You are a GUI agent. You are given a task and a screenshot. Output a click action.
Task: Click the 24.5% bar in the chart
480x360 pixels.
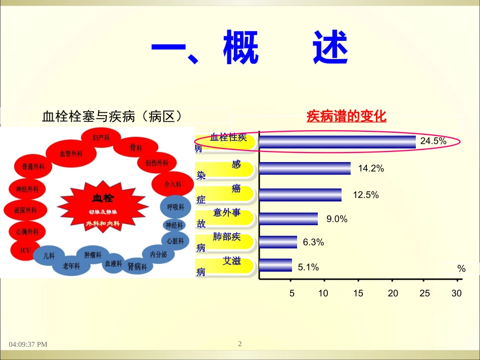pos(338,142)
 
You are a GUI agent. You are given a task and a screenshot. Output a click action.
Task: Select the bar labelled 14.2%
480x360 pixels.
pos(305,169)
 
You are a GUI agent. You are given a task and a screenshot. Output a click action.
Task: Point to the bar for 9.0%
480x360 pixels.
pos(289,219)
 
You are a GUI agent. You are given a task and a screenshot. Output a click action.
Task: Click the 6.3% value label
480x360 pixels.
pos(313,242)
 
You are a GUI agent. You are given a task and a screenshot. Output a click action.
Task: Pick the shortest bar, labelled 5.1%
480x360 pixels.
pos(275,266)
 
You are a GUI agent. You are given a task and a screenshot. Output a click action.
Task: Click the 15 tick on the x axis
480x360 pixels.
pos(358,293)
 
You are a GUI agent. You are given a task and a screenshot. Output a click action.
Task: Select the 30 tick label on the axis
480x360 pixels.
pos(457,293)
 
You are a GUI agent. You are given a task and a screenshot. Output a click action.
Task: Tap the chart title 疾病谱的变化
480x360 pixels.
pos(347,117)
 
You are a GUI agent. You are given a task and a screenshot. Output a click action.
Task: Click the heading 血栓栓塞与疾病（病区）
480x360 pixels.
pos(112,117)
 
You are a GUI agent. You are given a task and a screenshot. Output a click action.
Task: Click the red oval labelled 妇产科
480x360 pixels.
pos(101,138)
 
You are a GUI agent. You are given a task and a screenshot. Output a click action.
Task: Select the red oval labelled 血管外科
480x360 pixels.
pos(71,153)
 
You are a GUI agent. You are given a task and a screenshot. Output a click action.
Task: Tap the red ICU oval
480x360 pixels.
pos(25,250)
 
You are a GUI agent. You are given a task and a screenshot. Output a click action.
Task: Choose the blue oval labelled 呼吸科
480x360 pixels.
pos(175,207)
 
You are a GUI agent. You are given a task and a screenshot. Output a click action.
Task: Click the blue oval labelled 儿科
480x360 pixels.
pos(49,256)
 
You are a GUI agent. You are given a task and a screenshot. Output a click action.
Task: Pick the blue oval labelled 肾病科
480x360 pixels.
pos(137,266)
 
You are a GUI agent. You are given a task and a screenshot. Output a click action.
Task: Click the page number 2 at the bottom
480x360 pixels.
pos(240,344)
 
